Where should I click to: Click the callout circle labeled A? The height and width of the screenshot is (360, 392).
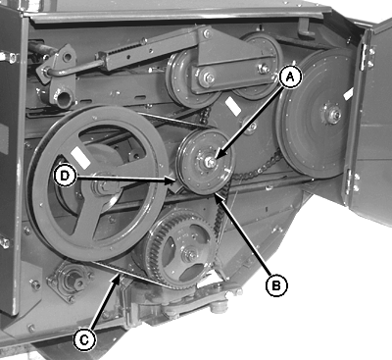[x=290, y=77]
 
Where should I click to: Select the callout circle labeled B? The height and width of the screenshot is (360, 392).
[x=276, y=285]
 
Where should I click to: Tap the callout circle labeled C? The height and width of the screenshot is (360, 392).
[x=84, y=340]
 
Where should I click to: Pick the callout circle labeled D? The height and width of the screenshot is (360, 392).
[x=65, y=176]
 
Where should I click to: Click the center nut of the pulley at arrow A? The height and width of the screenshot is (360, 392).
[x=209, y=161]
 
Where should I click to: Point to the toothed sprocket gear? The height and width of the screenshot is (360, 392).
[x=179, y=249]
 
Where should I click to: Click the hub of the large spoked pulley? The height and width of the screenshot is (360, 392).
[x=105, y=187]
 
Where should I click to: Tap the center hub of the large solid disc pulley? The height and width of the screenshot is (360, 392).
[x=333, y=115]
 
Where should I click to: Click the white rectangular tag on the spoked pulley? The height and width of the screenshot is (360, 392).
[x=79, y=158]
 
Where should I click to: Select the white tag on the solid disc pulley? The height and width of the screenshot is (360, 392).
[x=348, y=93]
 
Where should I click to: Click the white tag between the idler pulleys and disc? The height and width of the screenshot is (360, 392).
[x=234, y=106]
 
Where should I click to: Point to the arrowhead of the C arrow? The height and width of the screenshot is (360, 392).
[x=117, y=278]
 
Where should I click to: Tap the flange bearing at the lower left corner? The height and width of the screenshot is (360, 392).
[x=70, y=282]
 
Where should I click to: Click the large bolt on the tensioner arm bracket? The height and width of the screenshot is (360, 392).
[x=208, y=78]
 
